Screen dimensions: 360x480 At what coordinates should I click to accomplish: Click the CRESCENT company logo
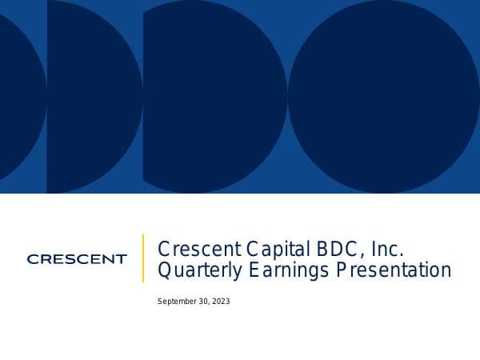(x=76, y=259)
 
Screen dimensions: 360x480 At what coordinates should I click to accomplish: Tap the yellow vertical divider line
(x=143, y=258)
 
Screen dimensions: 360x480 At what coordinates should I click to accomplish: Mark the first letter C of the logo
(x=32, y=259)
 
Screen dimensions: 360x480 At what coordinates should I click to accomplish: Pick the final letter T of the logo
(x=121, y=259)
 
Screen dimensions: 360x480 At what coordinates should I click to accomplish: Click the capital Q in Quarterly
(x=164, y=270)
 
